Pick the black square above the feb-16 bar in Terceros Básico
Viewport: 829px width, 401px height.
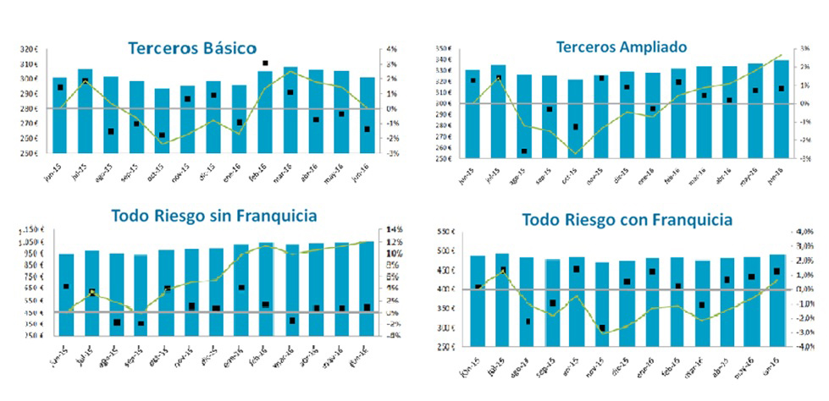[x=265, y=63]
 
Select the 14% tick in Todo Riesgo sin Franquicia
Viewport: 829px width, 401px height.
[x=391, y=230]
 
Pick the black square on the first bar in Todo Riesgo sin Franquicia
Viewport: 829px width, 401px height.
[x=66, y=287]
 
